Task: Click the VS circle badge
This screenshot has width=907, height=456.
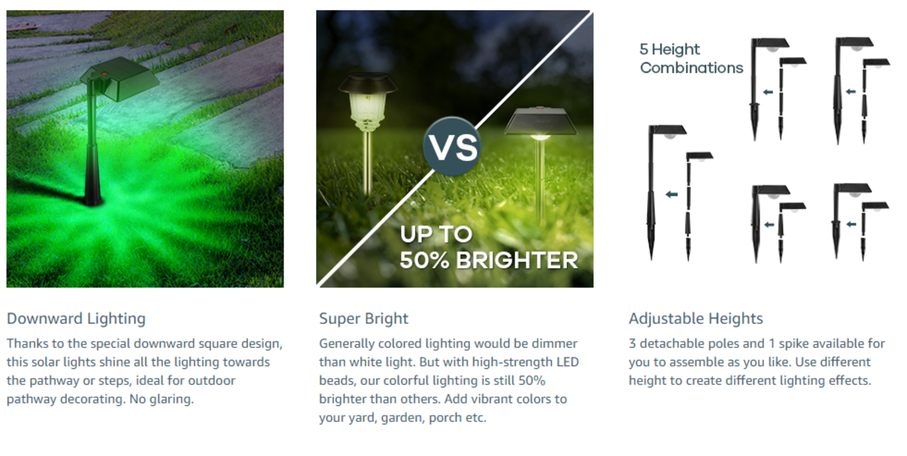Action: pyautogui.click(x=452, y=147)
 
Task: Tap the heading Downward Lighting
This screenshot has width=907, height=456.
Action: pyautogui.click(x=76, y=318)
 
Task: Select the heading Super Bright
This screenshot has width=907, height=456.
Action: pyautogui.click(x=364, y=318)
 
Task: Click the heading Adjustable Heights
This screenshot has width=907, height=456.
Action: pyautogui.click(x=696, y=318)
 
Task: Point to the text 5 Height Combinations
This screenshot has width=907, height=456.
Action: pyautogui.click(x=691, y=58)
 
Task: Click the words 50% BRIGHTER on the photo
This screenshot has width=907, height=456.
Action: pyautogui.click(x=489, y=260)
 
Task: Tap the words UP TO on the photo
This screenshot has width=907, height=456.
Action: pyautogui.click(x=436, y=234)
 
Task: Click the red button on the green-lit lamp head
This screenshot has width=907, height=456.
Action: pyautogui.click(x=104, y=74)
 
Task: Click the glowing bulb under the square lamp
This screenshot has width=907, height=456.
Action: pyautogui.click(x=541, y=138)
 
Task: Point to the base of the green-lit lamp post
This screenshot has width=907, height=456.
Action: pyautogui.click(x=93, y=199)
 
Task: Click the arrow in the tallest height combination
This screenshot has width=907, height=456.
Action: pyautogui.click(x=672, y=194)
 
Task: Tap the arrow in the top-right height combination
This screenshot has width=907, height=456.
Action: pyautogui.click(x=851, y=91)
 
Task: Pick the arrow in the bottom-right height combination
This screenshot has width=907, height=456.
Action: pyautogui.click(x=851, y=224)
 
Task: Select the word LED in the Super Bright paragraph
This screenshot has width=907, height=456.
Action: pyautogui.click(x=568, y=362)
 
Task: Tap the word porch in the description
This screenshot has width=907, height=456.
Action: pyautogui.click(x=445, y=418)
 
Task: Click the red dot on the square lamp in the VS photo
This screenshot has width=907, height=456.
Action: pyautogui.click(x=539, y=109)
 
